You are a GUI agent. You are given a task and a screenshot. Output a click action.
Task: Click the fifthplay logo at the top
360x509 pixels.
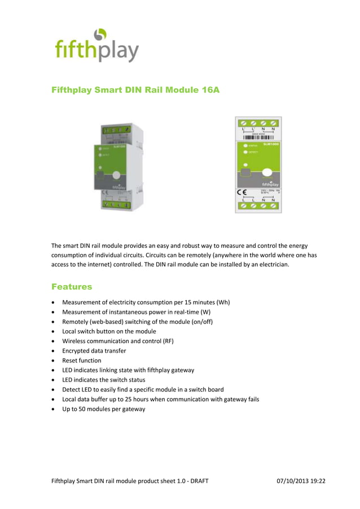point(96,45)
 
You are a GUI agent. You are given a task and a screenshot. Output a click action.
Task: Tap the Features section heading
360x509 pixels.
point(72,287)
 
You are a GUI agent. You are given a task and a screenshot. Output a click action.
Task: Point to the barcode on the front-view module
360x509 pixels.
point(258,137)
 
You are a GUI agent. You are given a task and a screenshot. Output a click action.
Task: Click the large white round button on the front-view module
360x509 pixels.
point(268,173)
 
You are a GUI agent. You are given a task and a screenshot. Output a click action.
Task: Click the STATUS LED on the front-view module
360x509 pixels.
point(245,146)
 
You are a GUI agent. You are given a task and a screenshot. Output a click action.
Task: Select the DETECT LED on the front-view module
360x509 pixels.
point(245,152)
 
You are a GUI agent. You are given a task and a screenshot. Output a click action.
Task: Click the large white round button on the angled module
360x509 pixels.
point(116,175)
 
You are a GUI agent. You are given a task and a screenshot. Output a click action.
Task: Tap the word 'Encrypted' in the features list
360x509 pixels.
point(77,350)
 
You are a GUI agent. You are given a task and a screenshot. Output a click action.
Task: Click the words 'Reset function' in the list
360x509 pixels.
point(82,360)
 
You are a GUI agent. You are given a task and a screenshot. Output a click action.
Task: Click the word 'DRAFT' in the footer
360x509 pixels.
point(199,481)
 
